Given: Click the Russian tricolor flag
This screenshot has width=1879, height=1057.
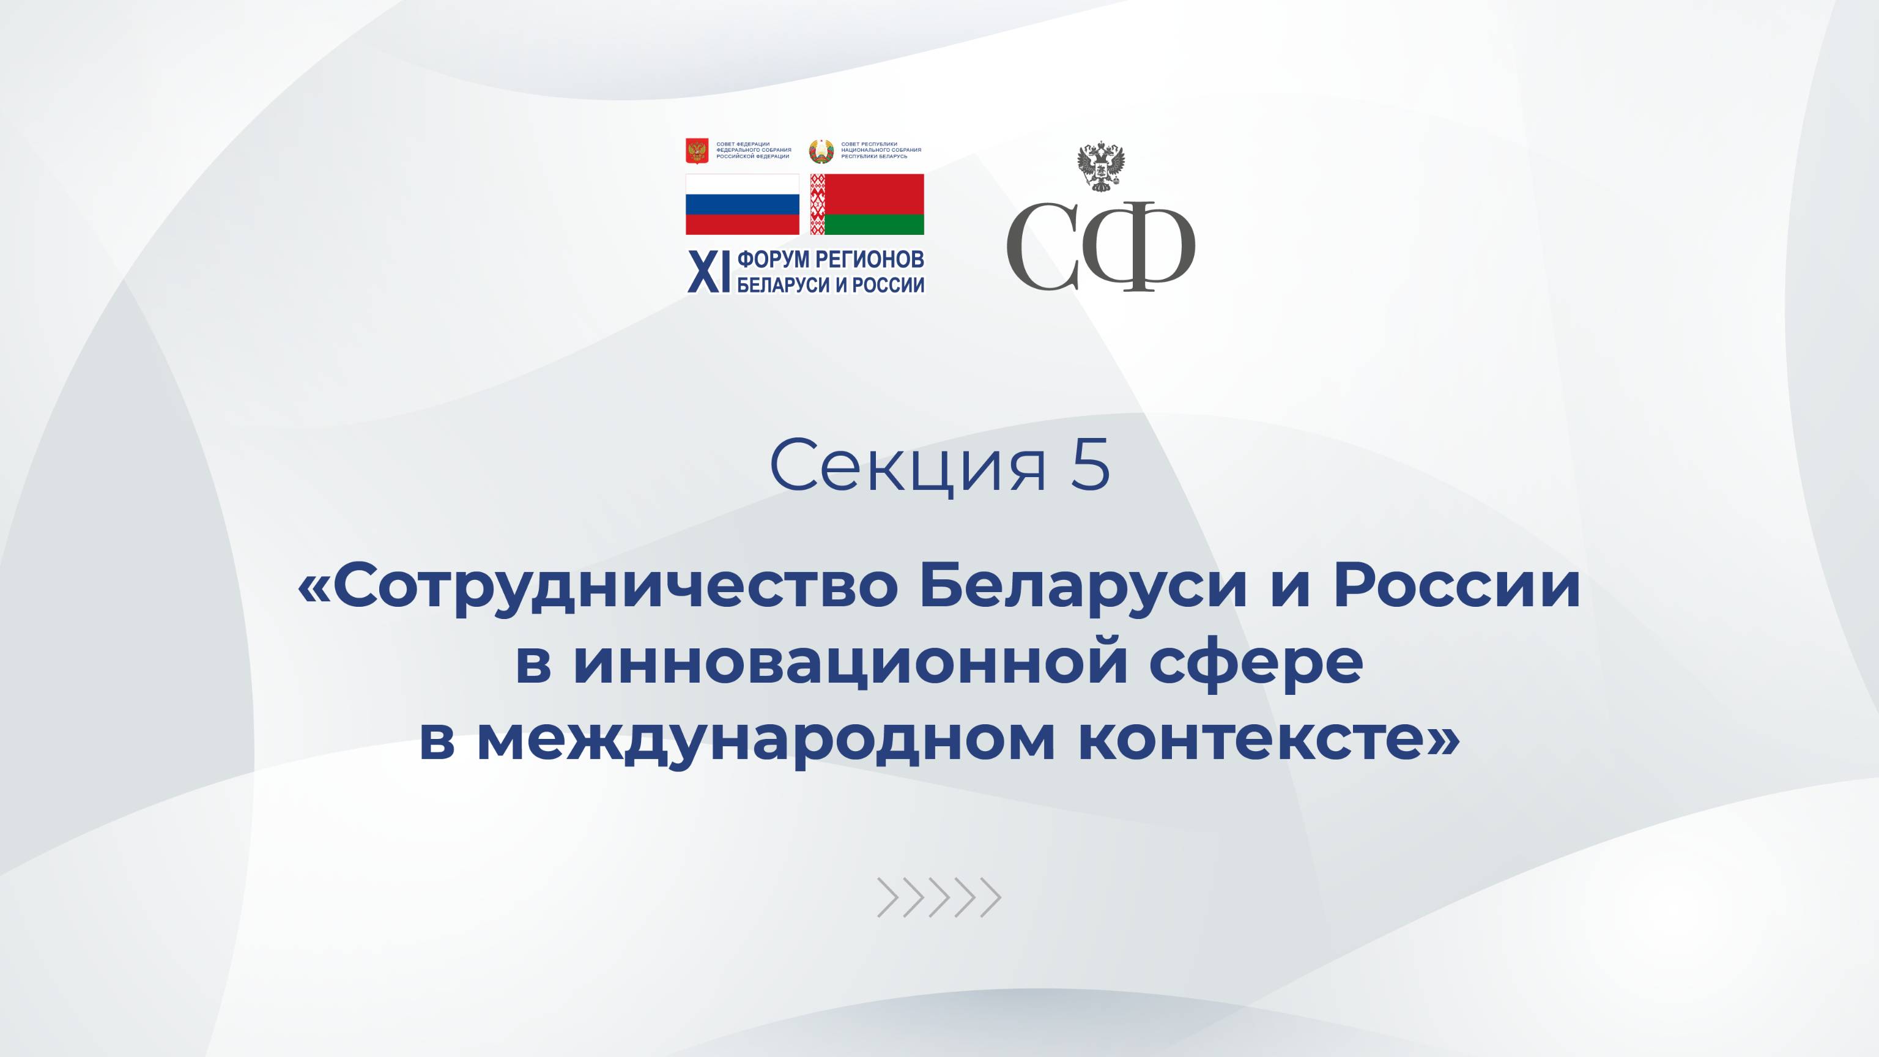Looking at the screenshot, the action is point(742,204).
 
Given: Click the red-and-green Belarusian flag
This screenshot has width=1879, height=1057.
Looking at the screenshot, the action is point(867,204).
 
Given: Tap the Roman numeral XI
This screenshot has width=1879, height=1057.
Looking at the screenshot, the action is point(708,273).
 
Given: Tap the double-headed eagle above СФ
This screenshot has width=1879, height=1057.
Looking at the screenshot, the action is point(1101,167).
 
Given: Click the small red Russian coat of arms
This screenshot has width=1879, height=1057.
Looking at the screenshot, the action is point(697,151).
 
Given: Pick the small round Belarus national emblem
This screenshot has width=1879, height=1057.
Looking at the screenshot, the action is point(821,151).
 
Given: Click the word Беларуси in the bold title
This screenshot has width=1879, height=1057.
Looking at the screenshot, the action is point(1083,588).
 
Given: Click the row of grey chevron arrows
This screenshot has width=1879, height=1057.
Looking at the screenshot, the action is point(939,897).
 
